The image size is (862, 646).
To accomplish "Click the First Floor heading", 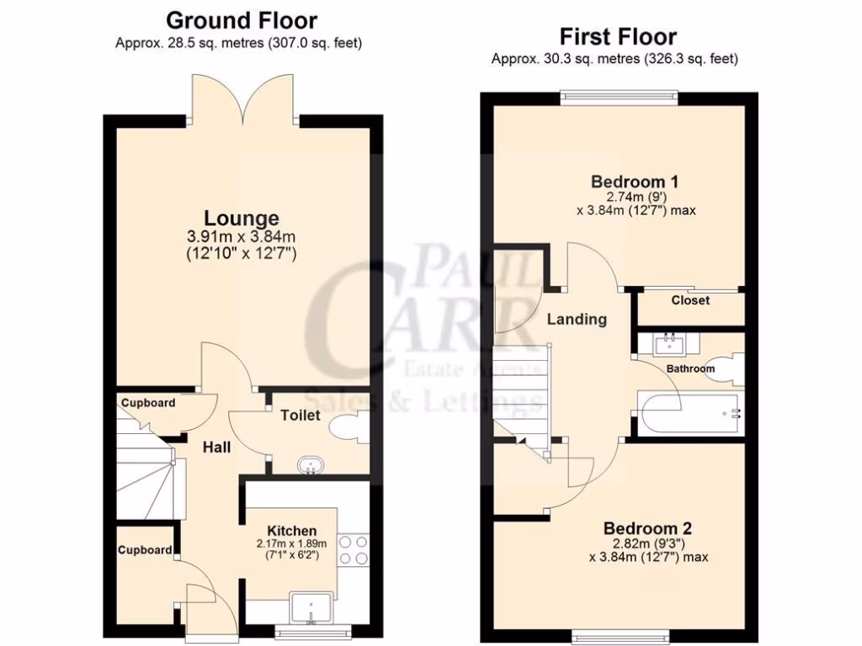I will pyautogui.click(x=618, y=37).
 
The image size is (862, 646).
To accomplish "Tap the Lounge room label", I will pyautogui.click(x=241, y=219).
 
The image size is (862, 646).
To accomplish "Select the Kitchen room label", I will pyautogui.click(x=291, y=531).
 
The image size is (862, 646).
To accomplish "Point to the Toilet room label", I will pyautogui.click(x=301, y=415).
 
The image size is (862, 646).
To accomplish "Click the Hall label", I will pyautogui.click(x=216, y=447).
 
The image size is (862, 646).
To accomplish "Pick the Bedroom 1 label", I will pyautogui.click(x=635, y=182).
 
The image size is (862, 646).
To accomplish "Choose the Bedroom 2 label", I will pyautogui.click(x=647, y=528).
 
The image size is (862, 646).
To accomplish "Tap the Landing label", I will pyautogui.click(x=577, y=320).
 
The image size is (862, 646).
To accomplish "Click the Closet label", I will pyautogui.click(x=690, y=300).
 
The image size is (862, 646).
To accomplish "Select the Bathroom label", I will pyautogui.click(x=690, y=368).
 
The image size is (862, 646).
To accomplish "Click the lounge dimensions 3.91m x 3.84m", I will pyautogui.click(x=241, y=236).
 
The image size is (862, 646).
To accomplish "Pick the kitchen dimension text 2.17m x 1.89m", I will pyautogui.click(x=291, y=543).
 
